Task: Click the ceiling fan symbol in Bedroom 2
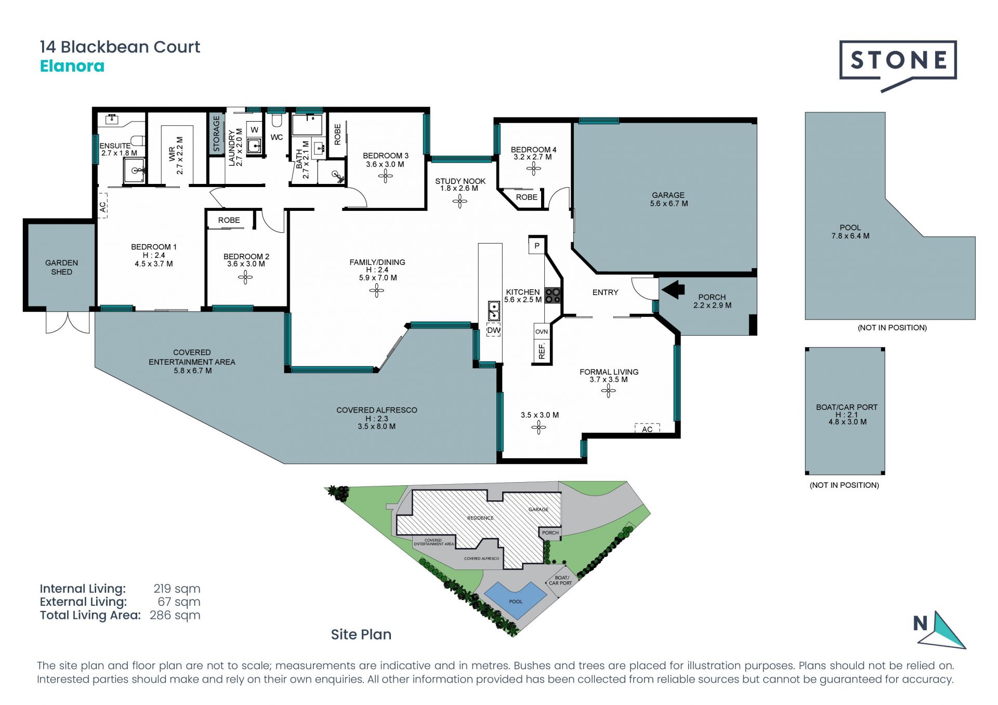245,277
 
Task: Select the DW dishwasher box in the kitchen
493,330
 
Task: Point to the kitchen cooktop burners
553,296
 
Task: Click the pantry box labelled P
537,246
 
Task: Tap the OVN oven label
542,331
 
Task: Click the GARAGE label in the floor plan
668,195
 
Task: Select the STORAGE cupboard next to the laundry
216,133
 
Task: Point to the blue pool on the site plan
516,600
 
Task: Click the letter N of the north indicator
921,623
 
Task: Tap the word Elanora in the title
72,66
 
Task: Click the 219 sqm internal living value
177,589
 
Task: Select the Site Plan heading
361,634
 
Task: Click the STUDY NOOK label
461,181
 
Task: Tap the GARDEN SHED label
61,267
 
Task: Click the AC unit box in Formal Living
647,428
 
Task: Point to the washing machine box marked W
254,130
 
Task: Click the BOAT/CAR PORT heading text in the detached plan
847,407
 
